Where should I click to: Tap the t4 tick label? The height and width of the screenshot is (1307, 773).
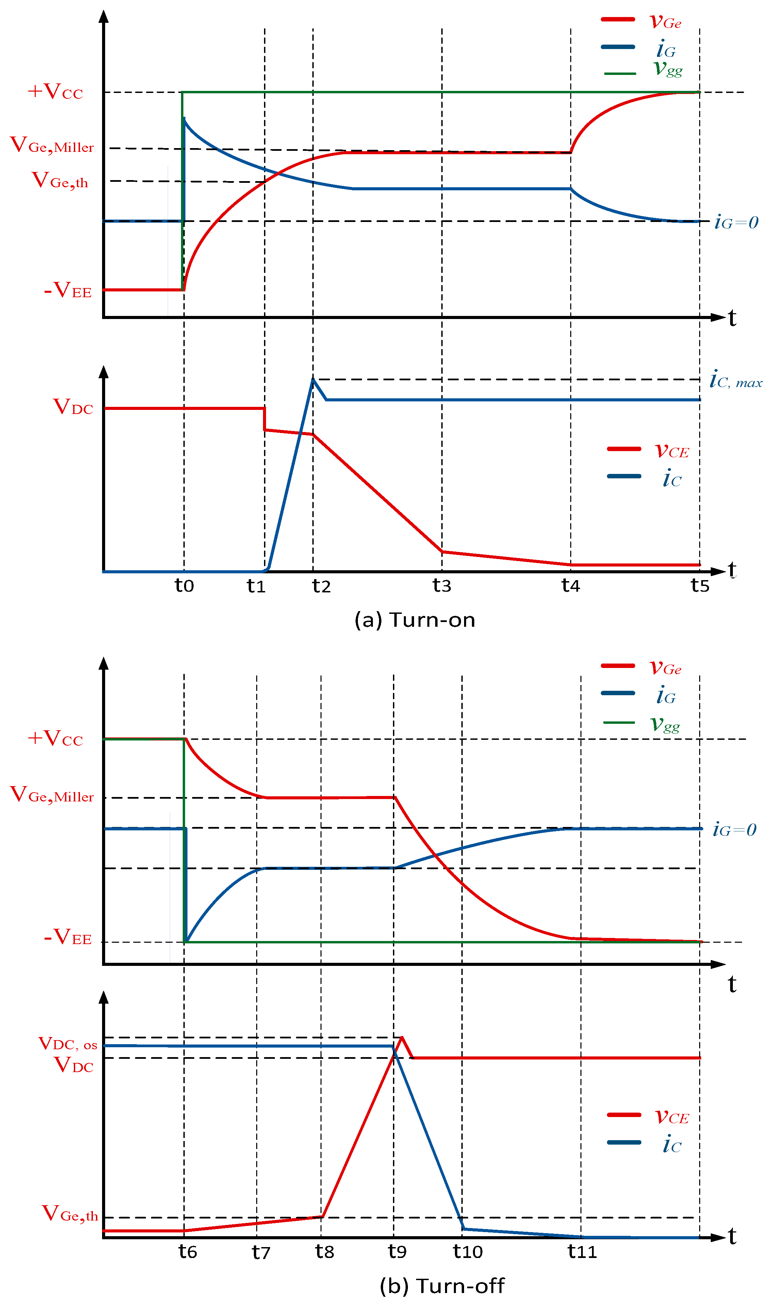coord(570,586)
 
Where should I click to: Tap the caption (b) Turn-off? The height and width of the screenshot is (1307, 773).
coord(442,1286)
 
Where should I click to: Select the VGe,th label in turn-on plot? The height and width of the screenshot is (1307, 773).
coord(60,180)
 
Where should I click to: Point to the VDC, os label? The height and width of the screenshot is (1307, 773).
coord(68,1044)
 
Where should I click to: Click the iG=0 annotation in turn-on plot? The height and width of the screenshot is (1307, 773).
coord(736,223)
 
